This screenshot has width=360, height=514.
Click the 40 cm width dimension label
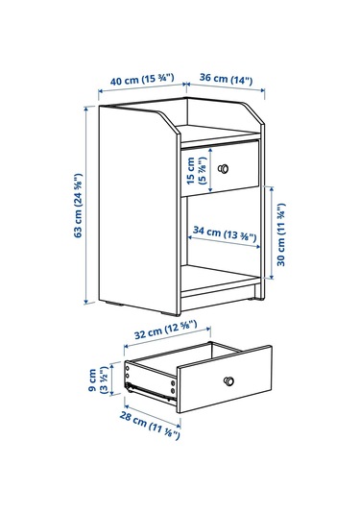pos(142,80)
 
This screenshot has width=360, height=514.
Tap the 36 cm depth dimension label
pos(226,79)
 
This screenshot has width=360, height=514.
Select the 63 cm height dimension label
pos(79,206)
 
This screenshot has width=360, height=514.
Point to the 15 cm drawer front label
pos(196,170)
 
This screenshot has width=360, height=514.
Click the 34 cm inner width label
pos(225,233)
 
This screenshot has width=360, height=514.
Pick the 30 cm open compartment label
pos(281,234)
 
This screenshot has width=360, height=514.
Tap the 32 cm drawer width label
pos(166,330)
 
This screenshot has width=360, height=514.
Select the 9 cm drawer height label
pos(98,379)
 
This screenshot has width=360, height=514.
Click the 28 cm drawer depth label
pos(150,426)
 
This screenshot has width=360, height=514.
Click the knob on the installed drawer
pos(224,169)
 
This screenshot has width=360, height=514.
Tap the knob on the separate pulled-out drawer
pos(228,380)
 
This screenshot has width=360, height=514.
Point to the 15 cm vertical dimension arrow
pos(210,169)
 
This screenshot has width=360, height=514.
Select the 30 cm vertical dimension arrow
pos(272,233)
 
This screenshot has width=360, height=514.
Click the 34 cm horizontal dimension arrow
pos(224,241)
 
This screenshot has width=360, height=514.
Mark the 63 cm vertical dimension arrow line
pos(86,206)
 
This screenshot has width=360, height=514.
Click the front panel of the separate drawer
pos(225,379)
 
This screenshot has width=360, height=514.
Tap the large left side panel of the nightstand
pos(139,210)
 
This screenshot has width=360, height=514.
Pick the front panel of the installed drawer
pos(220,168)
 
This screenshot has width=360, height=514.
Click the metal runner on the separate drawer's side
pos(150,391)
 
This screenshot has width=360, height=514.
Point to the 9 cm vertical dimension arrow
pos(112,379)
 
